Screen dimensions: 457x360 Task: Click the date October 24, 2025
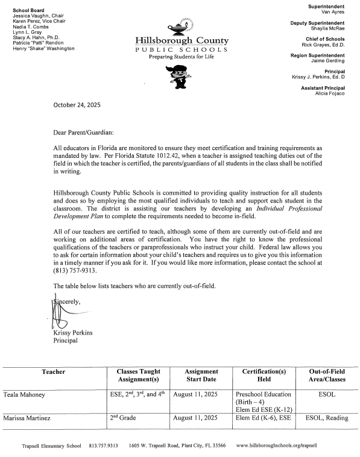(x=77, y=104)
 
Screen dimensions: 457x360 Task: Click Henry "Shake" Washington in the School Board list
(x=43, y=48)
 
